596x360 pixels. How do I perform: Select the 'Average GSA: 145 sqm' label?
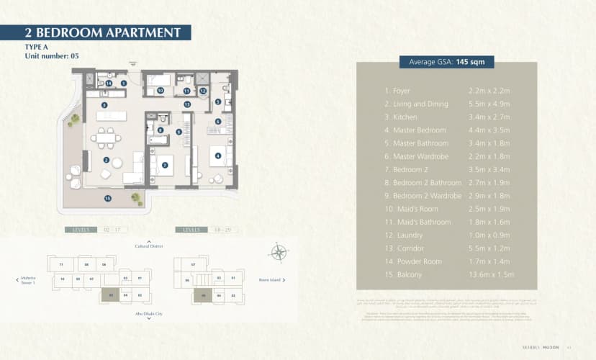pyautogui.click(x=446, y=62)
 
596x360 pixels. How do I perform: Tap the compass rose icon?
pyautogui.click(x=279, y=252)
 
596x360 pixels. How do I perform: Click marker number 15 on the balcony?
pyautogui.click(x=107, y=198)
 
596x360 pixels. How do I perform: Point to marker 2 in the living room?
pyautogui.click(x=106, y=160)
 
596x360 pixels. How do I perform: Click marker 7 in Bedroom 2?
pyautogui.click(x=165, y=165)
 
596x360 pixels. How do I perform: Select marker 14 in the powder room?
pyautogui.click(x=108, y=84)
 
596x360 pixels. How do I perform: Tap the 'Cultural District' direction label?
pyautogui.click(x=149, y=246)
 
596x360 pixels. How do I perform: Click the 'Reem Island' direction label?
pyautogui.click(x=270, y=279)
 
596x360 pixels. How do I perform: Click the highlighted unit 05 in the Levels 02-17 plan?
pyautogui.click(x=110, y=294)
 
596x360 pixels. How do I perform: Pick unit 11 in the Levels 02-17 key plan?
pyautogui.click(x=61, y=265)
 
